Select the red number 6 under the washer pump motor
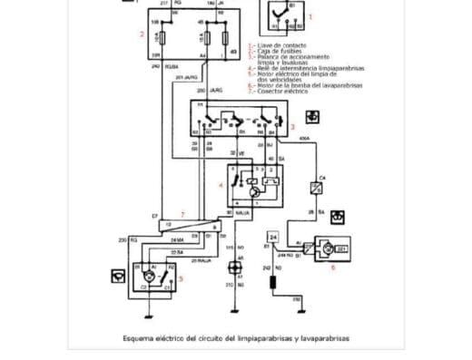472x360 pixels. point(331,268)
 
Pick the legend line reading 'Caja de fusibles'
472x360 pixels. point(275,50)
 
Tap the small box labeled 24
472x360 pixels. point(271,237)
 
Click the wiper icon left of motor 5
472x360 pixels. point(117,272)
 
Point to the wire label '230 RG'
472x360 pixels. point(126,239)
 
